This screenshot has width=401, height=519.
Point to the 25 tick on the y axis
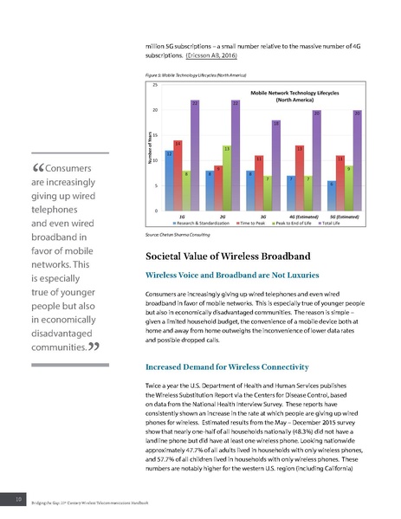[x=154, y=85]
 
